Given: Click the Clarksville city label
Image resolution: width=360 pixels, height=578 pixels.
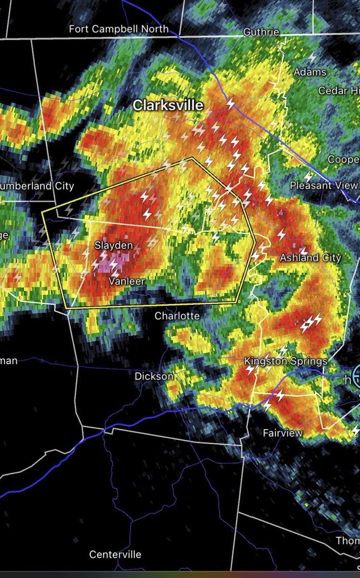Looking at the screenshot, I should pyautogui.click(x=168, y=105).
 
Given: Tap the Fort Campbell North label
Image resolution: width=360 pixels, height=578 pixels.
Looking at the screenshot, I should pyautogui.click(x=119, y=29).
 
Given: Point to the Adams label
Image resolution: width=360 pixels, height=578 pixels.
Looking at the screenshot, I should pyautogui.click(x=310, y=72).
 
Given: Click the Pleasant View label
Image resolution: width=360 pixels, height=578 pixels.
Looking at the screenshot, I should pyautogui.click(x=323, y=185).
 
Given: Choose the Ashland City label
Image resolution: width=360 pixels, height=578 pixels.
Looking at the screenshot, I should pyautogui.click(x=310, y=258).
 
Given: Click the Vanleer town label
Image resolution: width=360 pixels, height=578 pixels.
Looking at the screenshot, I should pyautogui.click(x=127, y=281).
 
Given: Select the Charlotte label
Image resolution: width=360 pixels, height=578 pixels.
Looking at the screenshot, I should pyautogui.click(x=177, y=316).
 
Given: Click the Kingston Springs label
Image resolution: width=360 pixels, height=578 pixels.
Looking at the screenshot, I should pyautogui.click(x=286, y=361).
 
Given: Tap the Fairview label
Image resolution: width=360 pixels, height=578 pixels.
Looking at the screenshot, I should pyautogui.click(x=283, y=433).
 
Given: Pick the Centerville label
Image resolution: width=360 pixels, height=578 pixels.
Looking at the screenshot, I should pyautogui.click(x=116, y=554).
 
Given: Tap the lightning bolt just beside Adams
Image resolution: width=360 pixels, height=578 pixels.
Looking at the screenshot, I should pyautogui.click(x=312, y=58).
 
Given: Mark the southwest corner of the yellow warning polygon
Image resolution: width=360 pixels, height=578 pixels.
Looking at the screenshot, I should pyautogui.click(x=65, y=307).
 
